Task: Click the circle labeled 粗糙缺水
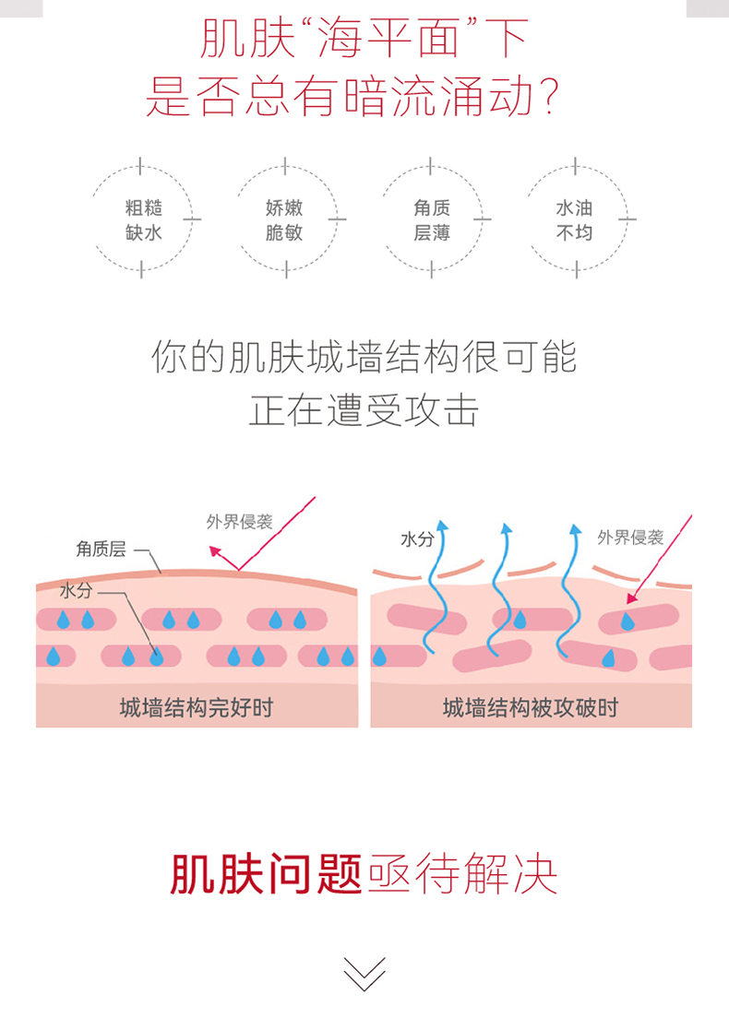coord(143,219)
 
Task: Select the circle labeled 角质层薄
coord(432,219)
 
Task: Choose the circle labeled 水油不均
coord(574,219)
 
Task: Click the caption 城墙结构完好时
coord(197,707)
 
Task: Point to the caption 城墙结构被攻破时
coord(531,707)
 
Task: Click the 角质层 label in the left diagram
coord(101,550)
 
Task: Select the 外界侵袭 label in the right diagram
coord(630,538)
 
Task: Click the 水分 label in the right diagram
coord(417,539)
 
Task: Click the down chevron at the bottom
coord(364,974)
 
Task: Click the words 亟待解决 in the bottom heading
coord(462,874)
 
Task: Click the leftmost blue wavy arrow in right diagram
coord(436,585)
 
